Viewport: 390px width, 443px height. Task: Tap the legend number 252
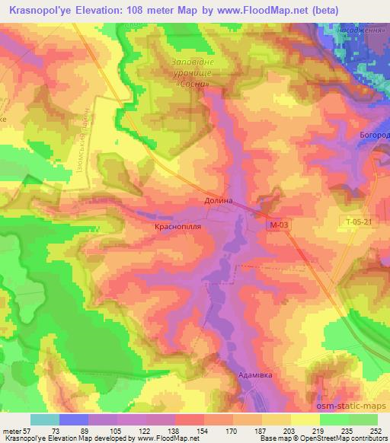tap(375, 431)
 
